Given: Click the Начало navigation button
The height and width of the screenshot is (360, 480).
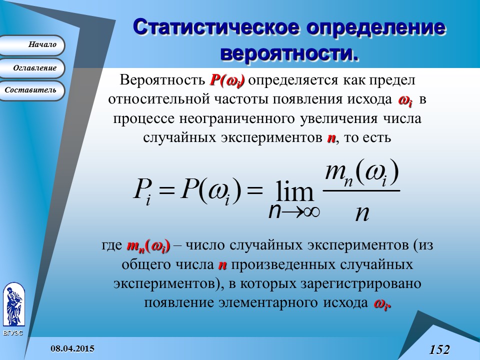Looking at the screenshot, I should tap(33, 45).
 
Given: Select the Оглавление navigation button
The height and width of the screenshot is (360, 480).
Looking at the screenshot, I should tap(33, 68).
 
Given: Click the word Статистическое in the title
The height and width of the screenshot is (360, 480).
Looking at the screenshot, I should tap(211, 28).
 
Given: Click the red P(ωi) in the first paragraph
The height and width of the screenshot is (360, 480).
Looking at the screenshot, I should tap(227, 80).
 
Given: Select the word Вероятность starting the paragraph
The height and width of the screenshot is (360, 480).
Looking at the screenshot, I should tap(162, 80).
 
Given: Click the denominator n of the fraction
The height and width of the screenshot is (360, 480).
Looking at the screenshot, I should tap(361, 212).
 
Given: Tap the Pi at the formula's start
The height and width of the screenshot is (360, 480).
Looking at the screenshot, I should tap(140, 192).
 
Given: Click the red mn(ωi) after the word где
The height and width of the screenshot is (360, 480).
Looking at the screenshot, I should tap(148, 246).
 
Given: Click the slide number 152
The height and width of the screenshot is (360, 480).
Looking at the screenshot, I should tap(439, 349).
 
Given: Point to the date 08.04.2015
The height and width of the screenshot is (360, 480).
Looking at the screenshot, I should tap(72, 348).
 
